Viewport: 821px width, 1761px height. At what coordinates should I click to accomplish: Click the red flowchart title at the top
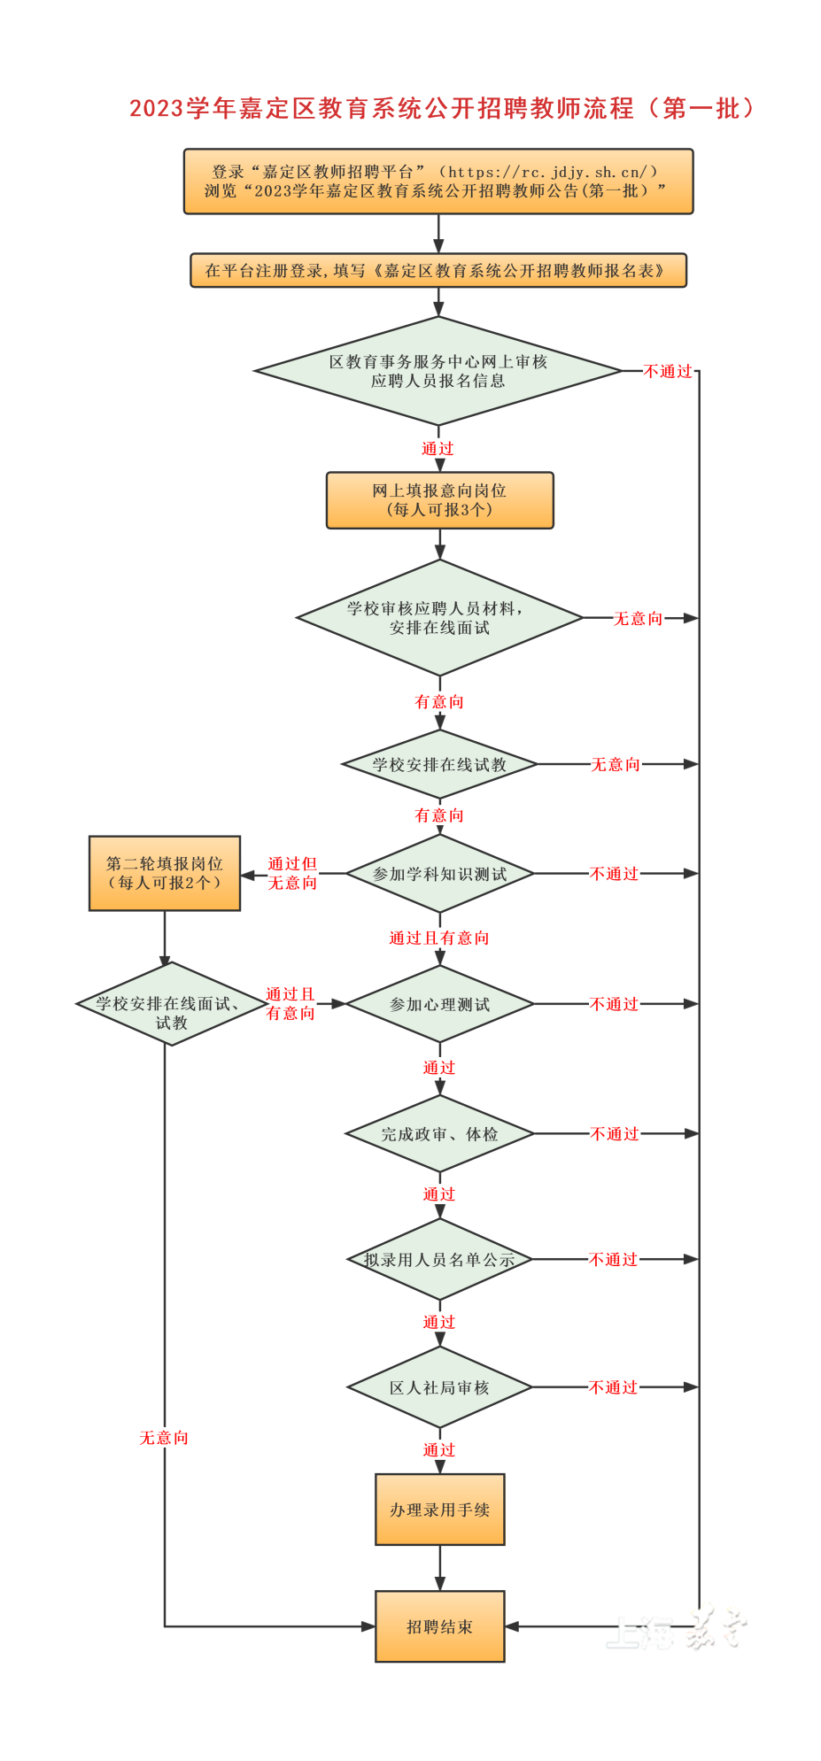coord(441,108)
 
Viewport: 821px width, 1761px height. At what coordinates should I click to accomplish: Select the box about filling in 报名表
coord(438,271)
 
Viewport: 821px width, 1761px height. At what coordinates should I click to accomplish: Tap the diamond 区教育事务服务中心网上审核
coord(438,371)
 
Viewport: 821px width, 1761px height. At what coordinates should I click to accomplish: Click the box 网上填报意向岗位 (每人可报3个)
coord(439,500)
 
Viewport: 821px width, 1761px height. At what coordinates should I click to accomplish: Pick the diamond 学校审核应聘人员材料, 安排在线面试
coord(439,618)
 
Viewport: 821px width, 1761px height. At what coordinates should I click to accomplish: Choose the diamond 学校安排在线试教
coord(439,764)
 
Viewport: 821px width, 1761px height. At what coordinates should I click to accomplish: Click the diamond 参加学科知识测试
coord(439,874)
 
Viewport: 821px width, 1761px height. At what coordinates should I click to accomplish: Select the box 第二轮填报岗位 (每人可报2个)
coord(165,873)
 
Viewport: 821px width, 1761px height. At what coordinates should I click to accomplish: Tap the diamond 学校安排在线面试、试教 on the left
coord(166,1004)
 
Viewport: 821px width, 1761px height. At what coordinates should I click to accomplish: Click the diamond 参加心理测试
coord(439,1004)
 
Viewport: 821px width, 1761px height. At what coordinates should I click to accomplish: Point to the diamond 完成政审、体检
coord(439,1134)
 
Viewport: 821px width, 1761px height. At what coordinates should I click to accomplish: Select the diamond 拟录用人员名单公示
coord(439,1259)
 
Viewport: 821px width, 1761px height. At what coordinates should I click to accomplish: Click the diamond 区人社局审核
coord(439,1387)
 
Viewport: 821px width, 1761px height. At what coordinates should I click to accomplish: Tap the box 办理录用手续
coord(439,1510)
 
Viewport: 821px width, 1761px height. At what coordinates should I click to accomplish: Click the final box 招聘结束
coord(439,1626)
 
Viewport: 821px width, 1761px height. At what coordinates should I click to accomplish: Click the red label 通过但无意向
coord(292,873)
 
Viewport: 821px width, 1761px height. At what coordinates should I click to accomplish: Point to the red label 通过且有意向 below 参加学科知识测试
coord(439,938)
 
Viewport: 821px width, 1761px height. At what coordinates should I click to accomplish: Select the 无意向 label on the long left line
coord(164,1438)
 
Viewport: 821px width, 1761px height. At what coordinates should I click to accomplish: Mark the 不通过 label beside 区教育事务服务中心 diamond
coord(667,371)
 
